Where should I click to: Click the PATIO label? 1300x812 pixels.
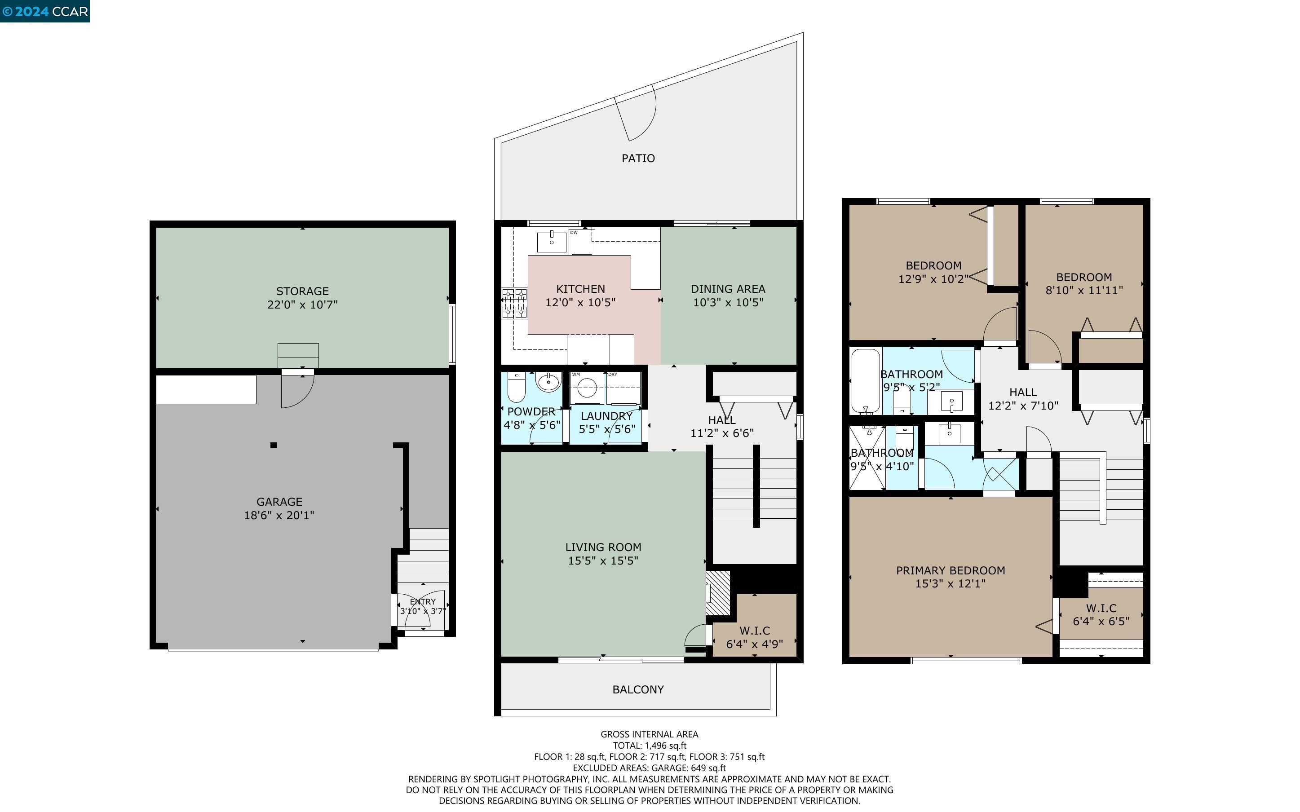tap(638, 158)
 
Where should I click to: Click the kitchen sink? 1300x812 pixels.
tap(552, 242)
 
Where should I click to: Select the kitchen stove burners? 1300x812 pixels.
tap(514, 303)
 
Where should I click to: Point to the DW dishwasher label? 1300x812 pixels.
tap(574, 233)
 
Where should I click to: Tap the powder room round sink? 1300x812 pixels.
tap(548, 383)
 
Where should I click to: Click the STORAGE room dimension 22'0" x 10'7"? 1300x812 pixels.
tap(302, 304)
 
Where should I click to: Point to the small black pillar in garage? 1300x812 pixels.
tap(273, 445)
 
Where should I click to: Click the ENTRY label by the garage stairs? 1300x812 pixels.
tap(423, 601)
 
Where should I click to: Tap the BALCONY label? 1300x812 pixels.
tap(638, 689)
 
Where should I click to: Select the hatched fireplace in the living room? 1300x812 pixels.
tap(718, 593)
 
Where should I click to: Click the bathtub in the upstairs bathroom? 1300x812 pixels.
tap(865, 381)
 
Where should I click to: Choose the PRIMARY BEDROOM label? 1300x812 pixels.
tap(951, 570)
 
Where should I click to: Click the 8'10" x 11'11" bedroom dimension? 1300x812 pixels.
tap(1083, 291)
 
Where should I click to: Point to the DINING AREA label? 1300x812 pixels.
tap(728, 289)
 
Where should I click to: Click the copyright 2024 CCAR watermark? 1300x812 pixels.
tap(45, 11)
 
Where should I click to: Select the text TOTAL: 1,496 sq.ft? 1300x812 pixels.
tap(650, 746)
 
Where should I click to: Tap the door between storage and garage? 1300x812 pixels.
tap(296, 388)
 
